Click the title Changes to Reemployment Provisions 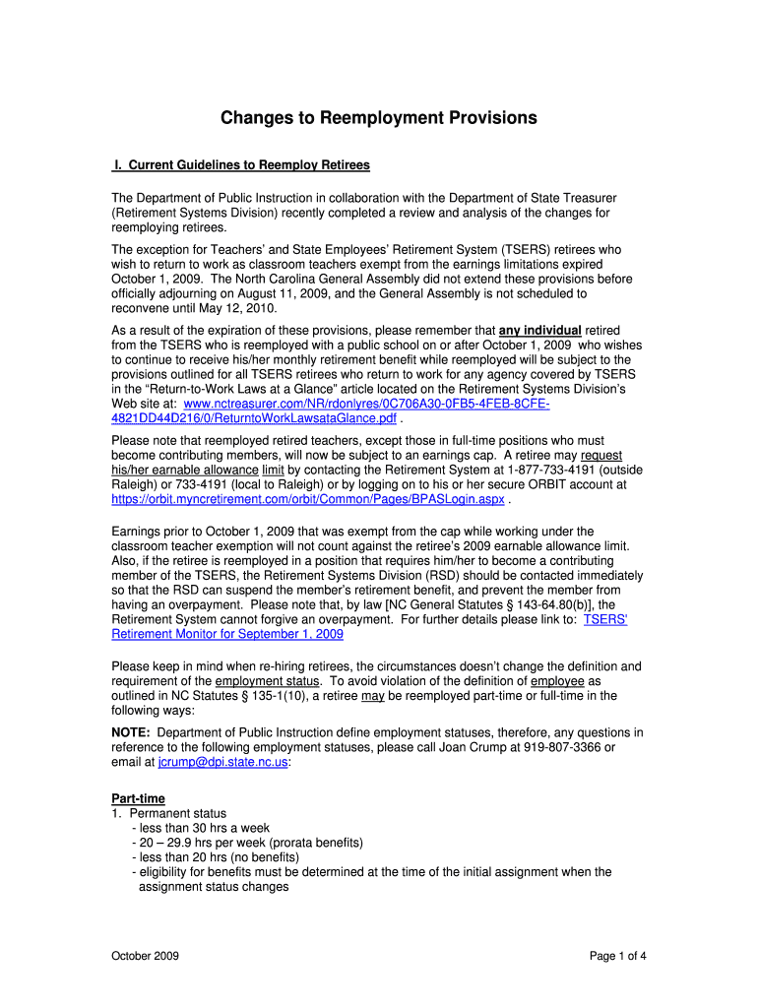[x=378, y=118]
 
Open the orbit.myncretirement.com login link [x=308, y=499]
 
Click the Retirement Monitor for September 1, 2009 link [x=227, y=634]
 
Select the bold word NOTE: [x=131, y=732]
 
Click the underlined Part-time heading [x=139, y=798]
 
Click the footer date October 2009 [x=146, y=956]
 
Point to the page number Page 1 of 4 [x=617, y=956]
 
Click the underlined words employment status [x=268, y=681]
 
